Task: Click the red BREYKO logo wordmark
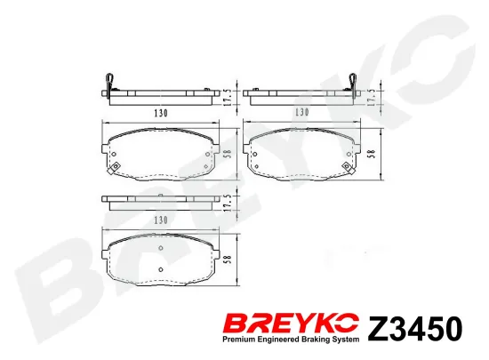tap(292, 324)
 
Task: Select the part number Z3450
tap(415, 329)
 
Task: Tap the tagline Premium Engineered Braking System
tap(291, 340)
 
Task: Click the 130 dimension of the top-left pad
tap(161, 113)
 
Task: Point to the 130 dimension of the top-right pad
tap(302, 112)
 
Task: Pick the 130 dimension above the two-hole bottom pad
tap(161, 220)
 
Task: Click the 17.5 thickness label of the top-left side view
tap(228, 97)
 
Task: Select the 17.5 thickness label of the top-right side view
tap(371, 97)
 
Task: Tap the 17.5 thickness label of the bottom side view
tap(228, 204)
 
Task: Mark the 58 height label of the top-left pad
tap(228, 154)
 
